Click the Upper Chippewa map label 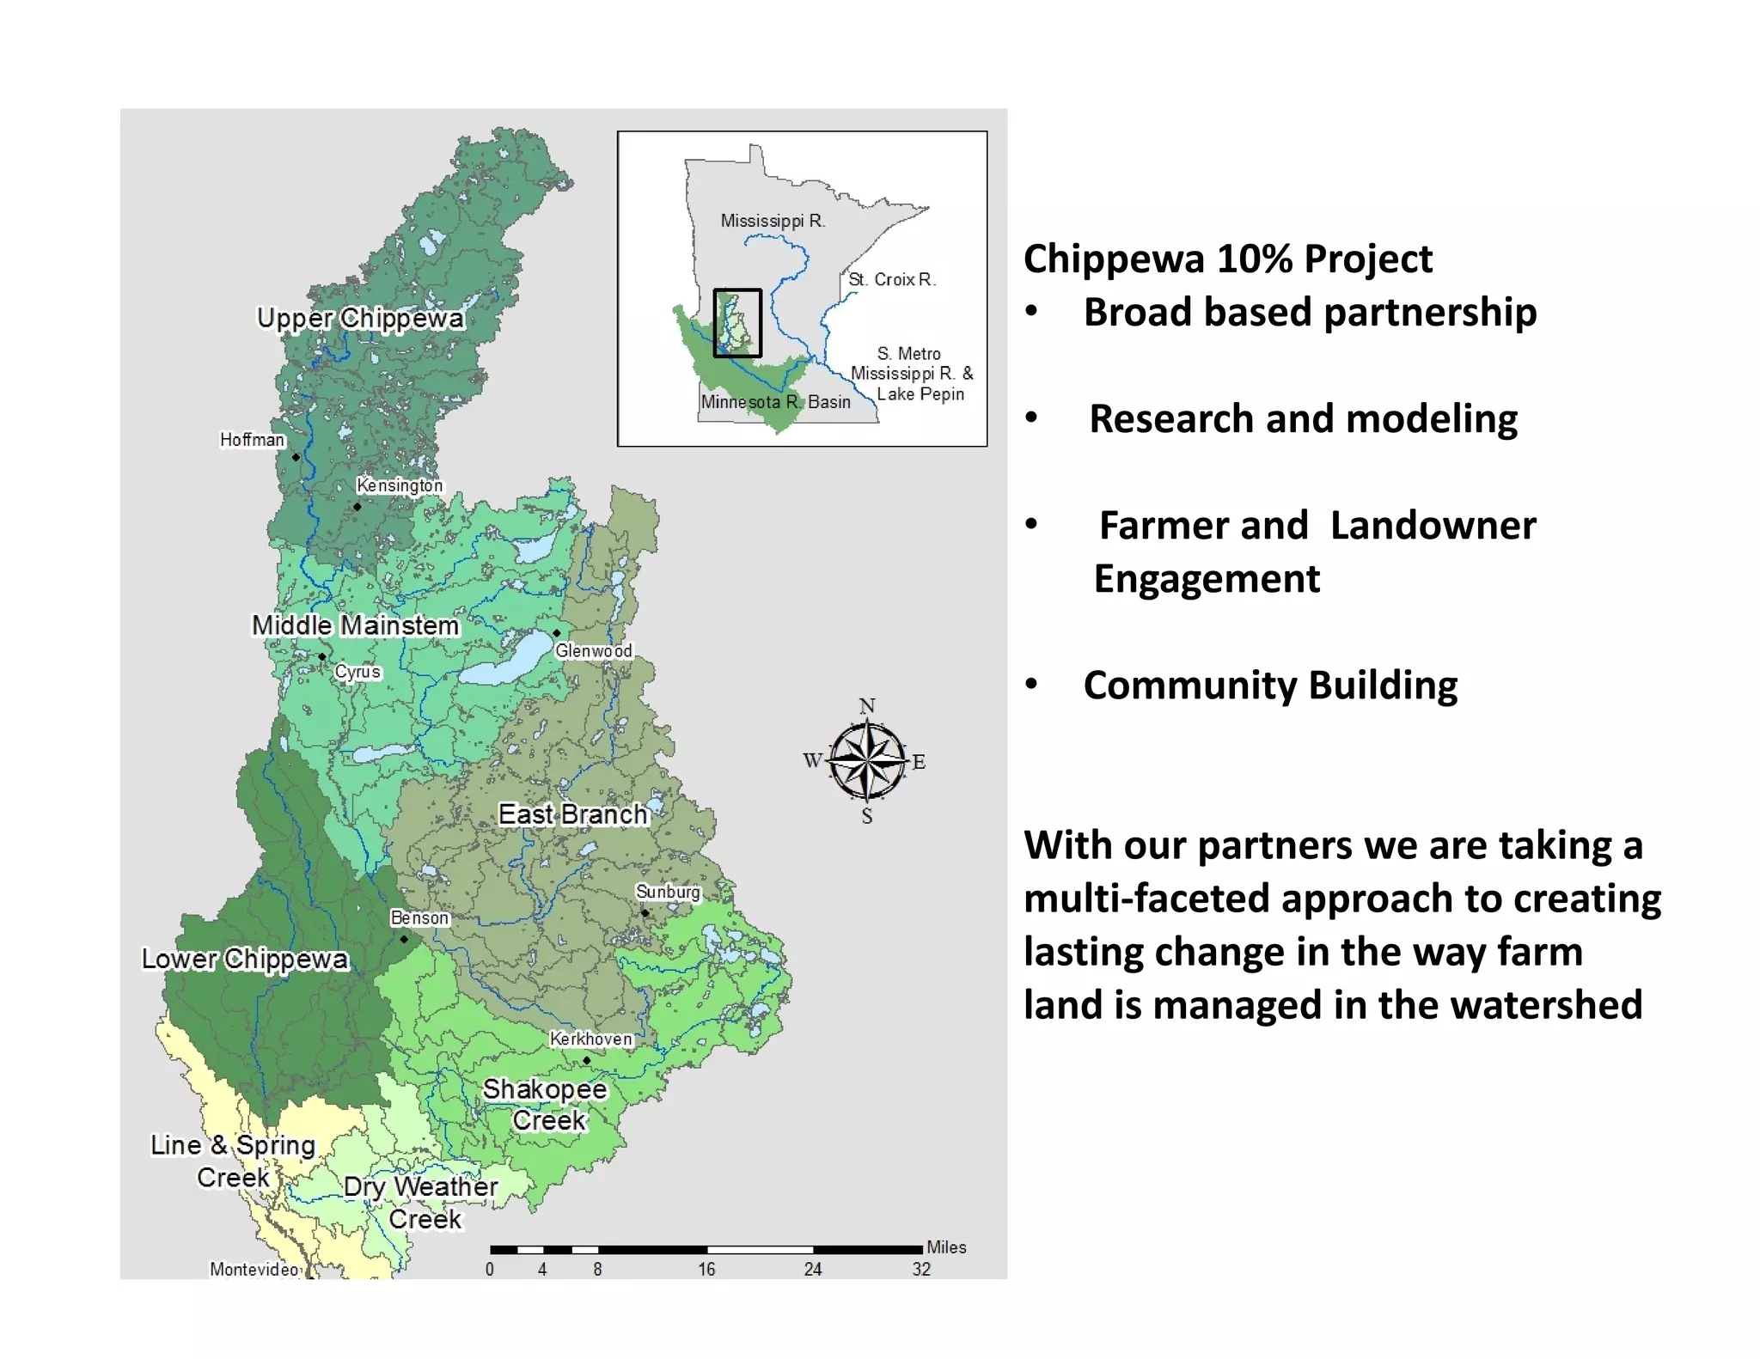tap(360, 318)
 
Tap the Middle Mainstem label tap(355, 625)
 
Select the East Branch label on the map tap(573, 814)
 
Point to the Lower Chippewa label tap(245, 959)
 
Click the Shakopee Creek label tap(546, 1105)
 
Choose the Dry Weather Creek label tap(421, 1202)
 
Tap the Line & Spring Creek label tap(233, 1161)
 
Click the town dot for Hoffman tap(296, 457)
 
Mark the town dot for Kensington tap(357, 507)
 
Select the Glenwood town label tap(594, 651)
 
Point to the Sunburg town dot tap(645, 912)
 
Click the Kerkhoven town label tap(591, 1039)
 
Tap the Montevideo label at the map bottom tap(254, 1269)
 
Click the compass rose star tap(868, 760)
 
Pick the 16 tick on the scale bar tap(706, 1269)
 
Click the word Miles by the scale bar tap(946, 1247)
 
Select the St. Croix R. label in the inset tap(892, 279)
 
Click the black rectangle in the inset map tap(737, 323)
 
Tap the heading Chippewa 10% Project tap(1228, 259)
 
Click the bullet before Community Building tap(1031, 685)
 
